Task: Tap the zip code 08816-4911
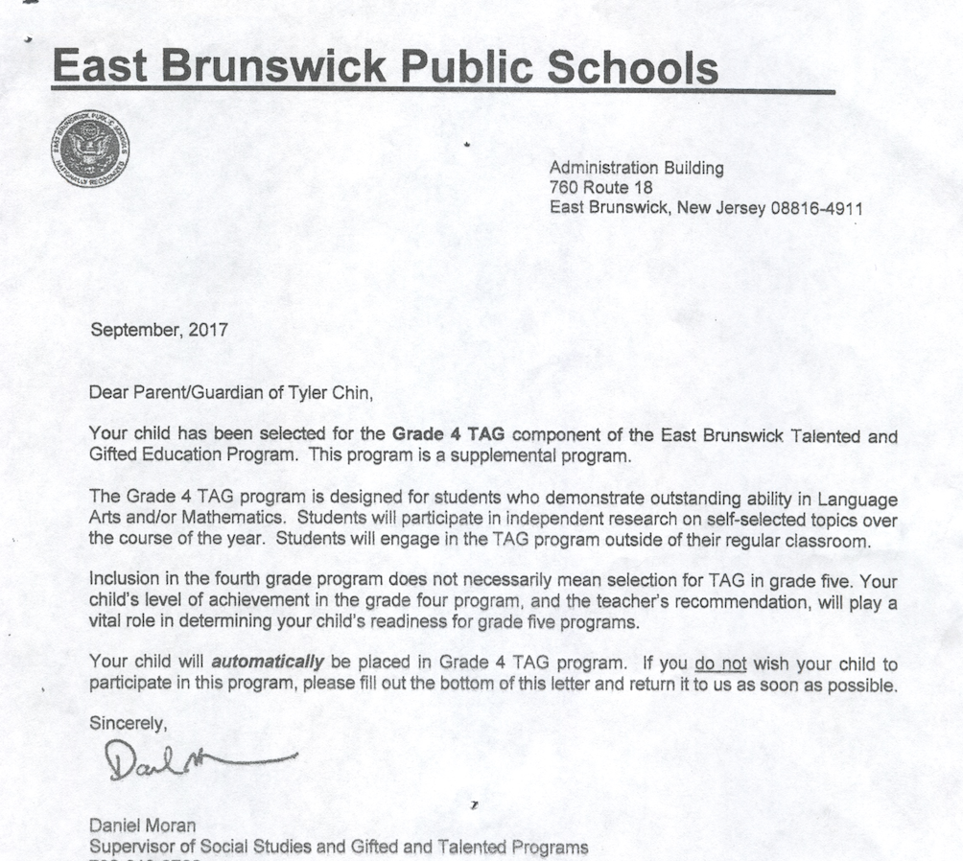point(816,208)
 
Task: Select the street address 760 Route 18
point(600,188)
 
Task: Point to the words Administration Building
point(636,168)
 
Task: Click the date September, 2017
point(159,330)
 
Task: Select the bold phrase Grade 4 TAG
point(448,436)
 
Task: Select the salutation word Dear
point(106,391)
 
